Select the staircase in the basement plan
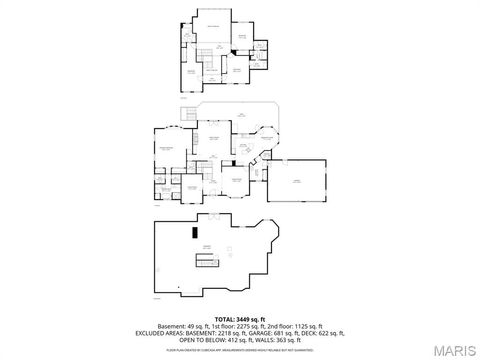click(207, 262)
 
